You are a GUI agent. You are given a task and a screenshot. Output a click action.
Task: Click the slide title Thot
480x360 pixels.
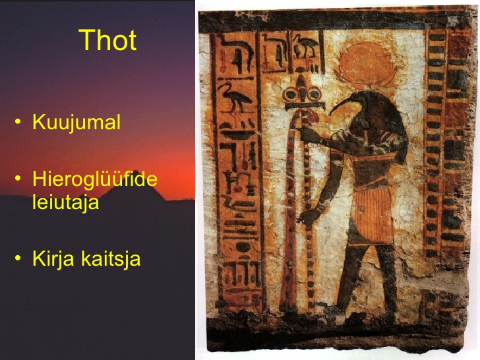click(x=107, y=40)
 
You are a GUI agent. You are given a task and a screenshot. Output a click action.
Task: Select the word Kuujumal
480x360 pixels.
click(x=76, y=122)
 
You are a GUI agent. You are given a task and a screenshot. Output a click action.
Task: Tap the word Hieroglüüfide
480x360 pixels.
click(x=95, y=179)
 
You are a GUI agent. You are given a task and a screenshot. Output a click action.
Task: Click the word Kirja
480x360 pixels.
click(x=53, y=259)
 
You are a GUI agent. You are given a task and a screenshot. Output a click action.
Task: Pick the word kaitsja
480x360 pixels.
click(x=111, y=259)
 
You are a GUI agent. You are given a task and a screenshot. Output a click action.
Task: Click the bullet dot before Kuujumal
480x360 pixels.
click(x=18, y=121)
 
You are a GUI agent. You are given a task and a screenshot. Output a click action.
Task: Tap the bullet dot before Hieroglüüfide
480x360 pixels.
click(x=18, y=178)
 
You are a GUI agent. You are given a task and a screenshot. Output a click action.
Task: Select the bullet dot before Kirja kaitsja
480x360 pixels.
click(x=18, y=258)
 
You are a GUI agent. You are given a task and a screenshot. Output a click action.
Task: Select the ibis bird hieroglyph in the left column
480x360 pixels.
click(x=235, y=98)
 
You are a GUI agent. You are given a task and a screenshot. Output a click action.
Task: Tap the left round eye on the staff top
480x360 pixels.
click(x=291, y=94)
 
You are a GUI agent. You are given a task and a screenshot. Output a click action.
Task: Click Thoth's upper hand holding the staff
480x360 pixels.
click(x=308, y=135)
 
